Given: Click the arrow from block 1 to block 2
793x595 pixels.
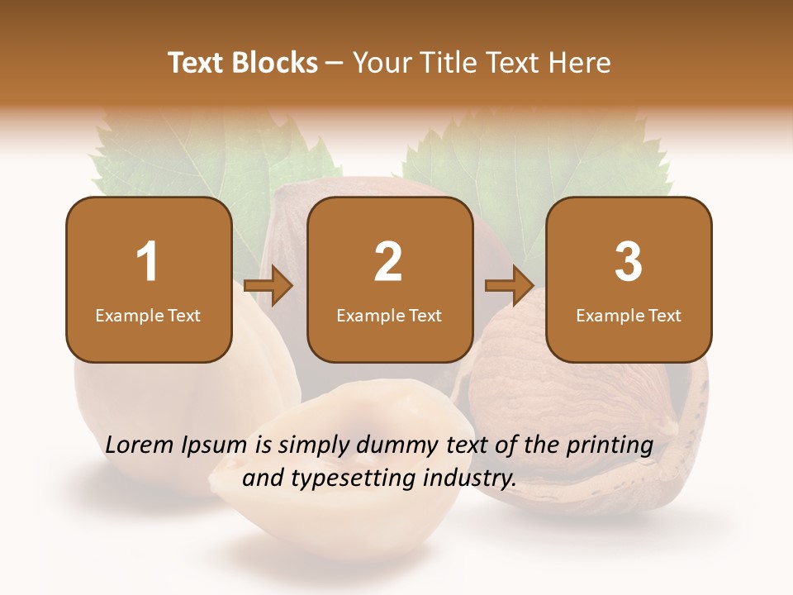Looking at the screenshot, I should pyautogui.click(x=269, y=286).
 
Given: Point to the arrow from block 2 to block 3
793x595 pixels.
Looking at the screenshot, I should pyautogui.click(x=510, y=286).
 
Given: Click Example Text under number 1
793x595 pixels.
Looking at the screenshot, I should pyautogui.click(x=148, y=316).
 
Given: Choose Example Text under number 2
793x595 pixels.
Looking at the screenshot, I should pyautogui.click(x=389, y=316).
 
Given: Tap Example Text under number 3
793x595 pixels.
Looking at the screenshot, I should pyautogui.click(x=629, y=316).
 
